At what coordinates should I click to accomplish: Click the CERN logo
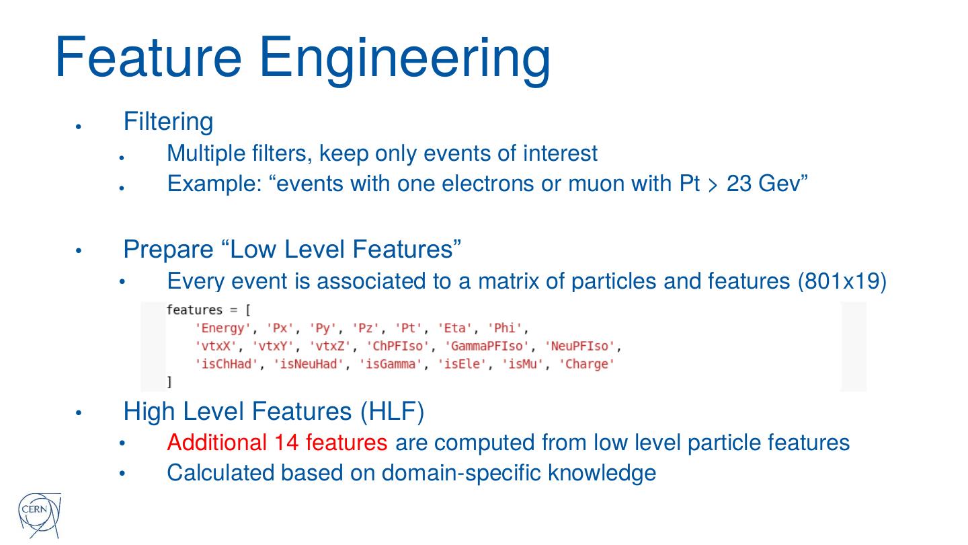click(x=38, y=515)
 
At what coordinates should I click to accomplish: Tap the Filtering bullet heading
click(x=168, y=122)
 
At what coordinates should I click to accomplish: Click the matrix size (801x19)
click(x=842, y=281)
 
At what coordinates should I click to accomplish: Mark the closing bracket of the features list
click(x=169, y=381)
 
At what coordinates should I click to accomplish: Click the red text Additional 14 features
click(x=277, y=443)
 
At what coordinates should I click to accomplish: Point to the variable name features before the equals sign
click(x=194, y=310)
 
